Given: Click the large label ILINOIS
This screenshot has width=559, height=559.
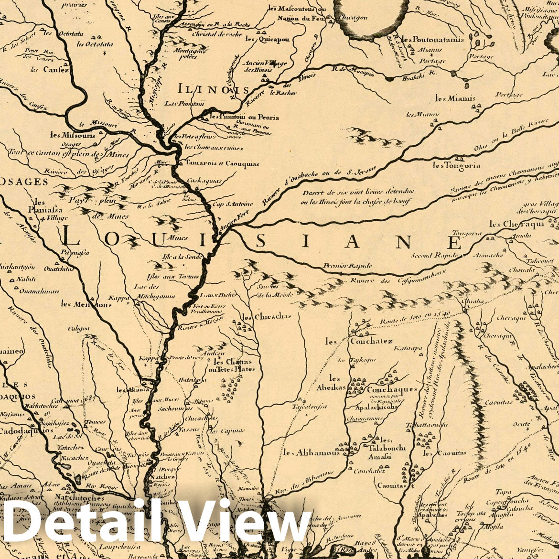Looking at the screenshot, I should click(x=213, y=89).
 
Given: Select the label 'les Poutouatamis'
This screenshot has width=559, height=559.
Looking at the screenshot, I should click(x=432, y=40).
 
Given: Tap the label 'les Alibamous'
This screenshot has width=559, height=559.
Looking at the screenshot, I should click(x=311, y=452).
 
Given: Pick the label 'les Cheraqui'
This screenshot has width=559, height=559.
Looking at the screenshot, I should click(x=510, y=224).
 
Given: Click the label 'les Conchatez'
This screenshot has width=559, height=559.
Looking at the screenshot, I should click(x=359, y=341).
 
